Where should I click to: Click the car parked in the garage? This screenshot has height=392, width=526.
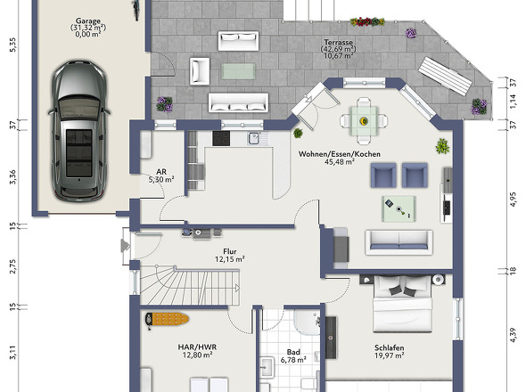point(79,131)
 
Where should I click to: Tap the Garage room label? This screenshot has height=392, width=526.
point(88,21)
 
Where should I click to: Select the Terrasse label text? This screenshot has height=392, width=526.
point(338,43)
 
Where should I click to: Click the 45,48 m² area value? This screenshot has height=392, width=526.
point(340,162)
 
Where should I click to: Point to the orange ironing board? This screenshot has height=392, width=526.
point(167,319)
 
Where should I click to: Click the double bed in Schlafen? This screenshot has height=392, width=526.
point(402,304)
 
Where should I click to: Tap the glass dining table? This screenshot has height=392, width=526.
point(364,121)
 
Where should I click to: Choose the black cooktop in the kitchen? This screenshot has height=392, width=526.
point(221,138)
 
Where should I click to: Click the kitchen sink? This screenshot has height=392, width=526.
point(254,138)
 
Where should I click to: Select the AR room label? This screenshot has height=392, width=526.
point(161,172)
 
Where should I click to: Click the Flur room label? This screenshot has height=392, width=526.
point(230,251)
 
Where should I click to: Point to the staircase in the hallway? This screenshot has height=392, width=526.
point(190,285)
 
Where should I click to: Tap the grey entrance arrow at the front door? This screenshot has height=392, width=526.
point(125,246)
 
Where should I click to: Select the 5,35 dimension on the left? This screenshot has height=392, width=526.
point(12,45)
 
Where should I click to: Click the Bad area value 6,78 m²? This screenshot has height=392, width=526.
point(293,360)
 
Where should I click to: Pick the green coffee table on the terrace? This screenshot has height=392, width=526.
point(238,71)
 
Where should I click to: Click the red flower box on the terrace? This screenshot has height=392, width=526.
point(367,21)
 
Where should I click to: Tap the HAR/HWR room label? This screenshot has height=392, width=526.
point(197,347)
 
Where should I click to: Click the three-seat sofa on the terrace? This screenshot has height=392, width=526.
point(238,102)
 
